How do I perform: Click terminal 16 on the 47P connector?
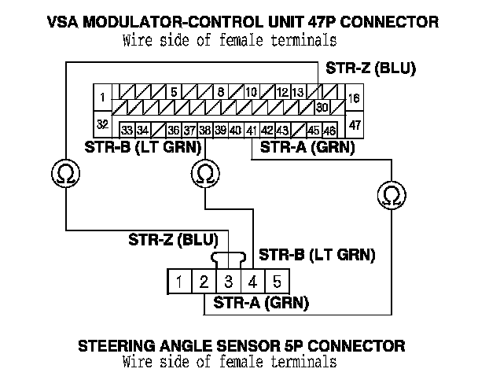tap(354, 98)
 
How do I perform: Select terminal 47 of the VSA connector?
tap(354, 125)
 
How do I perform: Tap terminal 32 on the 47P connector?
tap(101, 125)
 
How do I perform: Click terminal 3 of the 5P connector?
tap(229, 281)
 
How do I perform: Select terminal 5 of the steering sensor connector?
tap(276, 281)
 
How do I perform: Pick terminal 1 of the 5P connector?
tap(180, 281)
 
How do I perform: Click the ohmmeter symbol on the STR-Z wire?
tap(63, 172)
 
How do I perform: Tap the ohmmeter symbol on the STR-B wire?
tap(204, 172)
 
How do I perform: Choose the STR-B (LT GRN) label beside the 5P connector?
tap(316, 254)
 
